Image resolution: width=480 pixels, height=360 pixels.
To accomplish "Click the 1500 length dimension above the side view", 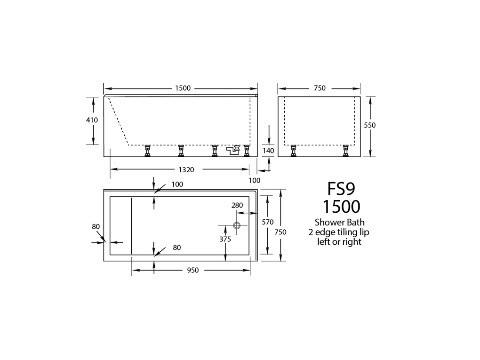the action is (183, 88).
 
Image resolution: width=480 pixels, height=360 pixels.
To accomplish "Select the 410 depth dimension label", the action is (92, 120).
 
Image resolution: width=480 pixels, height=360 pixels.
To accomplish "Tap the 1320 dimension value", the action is (186, 169).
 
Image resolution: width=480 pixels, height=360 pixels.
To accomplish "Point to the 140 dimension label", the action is (268, 151).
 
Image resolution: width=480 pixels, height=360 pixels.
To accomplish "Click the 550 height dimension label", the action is (370, 125).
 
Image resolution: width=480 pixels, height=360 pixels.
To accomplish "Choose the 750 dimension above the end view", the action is (320, 88).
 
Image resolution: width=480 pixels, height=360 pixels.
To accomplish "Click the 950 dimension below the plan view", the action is (193, 270).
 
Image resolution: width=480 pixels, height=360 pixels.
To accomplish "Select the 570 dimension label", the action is (268, 222).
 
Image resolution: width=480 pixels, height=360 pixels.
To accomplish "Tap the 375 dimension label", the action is (225, 239).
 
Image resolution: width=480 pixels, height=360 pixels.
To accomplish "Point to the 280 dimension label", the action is (237, 205).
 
